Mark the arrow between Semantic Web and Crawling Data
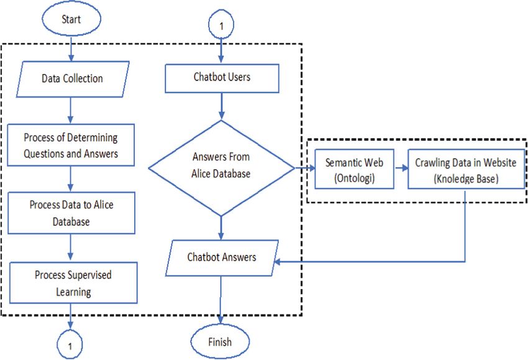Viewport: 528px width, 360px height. coord(401,167)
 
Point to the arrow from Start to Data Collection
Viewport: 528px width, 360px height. coord(71,48)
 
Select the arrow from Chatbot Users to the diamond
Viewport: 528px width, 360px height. coord(221,106)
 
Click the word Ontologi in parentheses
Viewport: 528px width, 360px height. coord(354,178)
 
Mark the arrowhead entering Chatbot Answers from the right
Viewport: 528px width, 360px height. coord(278,262)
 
